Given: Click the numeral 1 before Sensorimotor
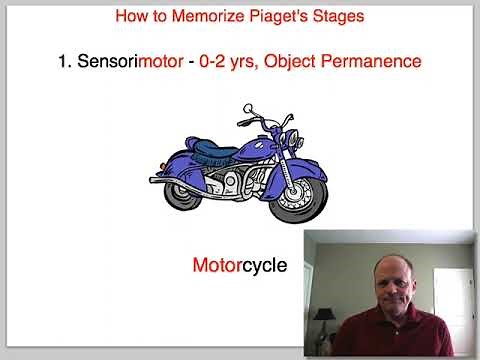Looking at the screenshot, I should (63, 62).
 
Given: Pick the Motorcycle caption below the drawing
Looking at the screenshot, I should (240, 266).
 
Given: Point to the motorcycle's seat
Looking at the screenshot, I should (212, 153).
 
